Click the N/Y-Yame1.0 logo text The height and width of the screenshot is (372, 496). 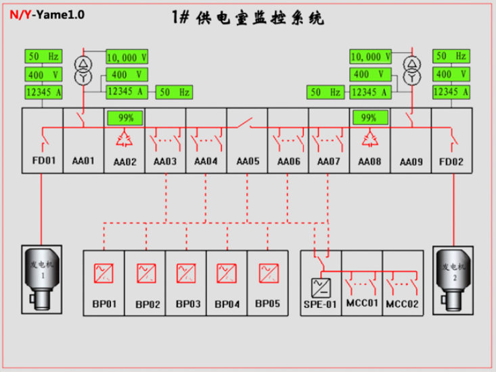pos(47,14)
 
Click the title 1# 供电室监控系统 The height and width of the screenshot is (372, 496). pos(248,18)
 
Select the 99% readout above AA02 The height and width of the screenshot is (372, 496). pos(125,118)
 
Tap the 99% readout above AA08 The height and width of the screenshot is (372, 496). pos(369,117)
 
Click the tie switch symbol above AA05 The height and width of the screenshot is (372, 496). pos(244,123)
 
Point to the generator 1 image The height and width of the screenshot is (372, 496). pos(42,280)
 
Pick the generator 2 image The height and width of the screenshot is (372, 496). pos(453,280)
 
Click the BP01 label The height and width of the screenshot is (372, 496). pos(104,304)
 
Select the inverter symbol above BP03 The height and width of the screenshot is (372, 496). pos(186,273)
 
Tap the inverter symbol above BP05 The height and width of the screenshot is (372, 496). pos(269,273)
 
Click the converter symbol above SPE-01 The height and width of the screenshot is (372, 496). pos(321,288)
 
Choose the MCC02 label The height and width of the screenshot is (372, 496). pos(403,304)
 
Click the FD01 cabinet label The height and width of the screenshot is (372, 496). pos(44,161)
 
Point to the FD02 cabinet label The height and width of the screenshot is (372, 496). pos(451,162)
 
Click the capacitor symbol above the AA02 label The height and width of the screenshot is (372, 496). pos(125,139)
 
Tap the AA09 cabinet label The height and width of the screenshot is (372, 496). pos(411,162)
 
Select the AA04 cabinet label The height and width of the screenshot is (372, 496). pos(206,161)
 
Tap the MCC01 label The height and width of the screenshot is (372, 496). pos(362,303)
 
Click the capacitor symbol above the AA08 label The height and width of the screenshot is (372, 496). pos(369,139)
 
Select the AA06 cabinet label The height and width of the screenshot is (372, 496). pos(289,161)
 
